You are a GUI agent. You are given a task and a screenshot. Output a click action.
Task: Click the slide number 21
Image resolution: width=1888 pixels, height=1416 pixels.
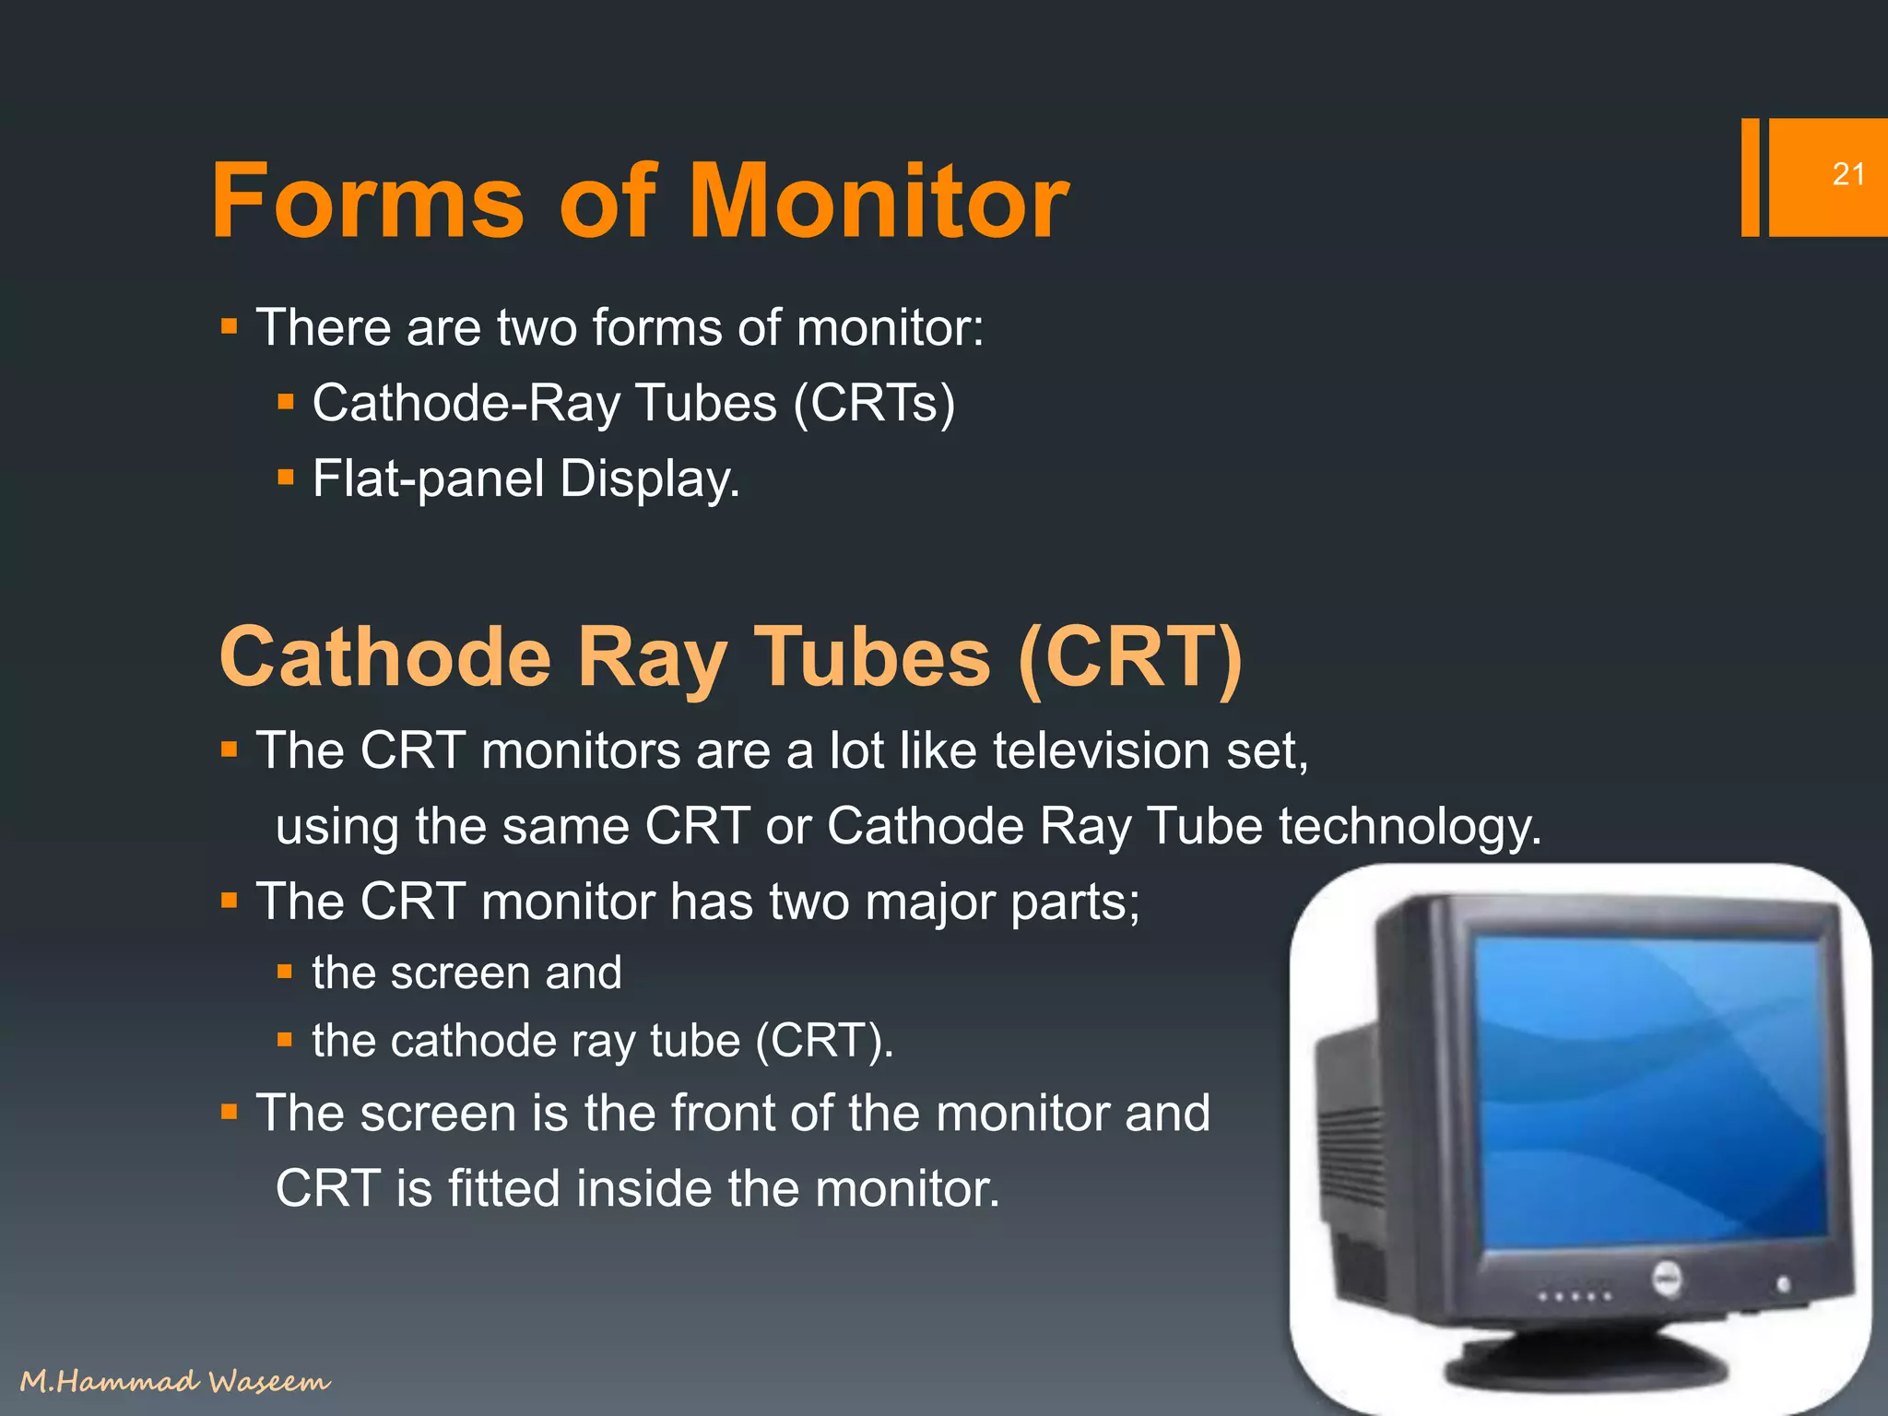coord(1847,174)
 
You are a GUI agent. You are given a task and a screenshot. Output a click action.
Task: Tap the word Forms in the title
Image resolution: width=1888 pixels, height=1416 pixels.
coord(367,201)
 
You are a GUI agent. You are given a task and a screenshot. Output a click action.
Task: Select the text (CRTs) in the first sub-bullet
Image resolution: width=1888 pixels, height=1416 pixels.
coord(874,404)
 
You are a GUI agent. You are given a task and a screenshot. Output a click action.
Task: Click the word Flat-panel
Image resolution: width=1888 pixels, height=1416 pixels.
coord(428,479)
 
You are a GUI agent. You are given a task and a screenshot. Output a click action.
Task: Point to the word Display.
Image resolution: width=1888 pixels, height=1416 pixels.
coord(649,479)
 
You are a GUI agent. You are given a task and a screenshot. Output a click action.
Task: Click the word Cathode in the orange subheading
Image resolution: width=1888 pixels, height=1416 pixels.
coord(384,657)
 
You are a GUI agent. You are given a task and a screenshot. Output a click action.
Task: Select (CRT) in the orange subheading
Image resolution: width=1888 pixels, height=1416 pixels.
coord(1129,657)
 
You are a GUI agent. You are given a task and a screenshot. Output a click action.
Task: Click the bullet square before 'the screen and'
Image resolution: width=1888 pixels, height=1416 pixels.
coord(285,972)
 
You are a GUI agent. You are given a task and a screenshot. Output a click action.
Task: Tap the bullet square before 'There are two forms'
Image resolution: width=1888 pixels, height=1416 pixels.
coord(230,326)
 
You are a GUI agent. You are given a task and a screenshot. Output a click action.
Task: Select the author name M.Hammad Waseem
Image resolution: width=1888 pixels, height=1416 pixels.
coord(175,1381)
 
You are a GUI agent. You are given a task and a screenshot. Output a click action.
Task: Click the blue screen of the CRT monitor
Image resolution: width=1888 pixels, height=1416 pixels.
coord(1650,1088)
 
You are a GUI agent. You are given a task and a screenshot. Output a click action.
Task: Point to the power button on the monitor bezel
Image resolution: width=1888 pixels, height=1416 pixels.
coord(1783,1284)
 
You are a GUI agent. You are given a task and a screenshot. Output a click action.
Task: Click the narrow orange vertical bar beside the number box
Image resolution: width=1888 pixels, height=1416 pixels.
coord(1750,178)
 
